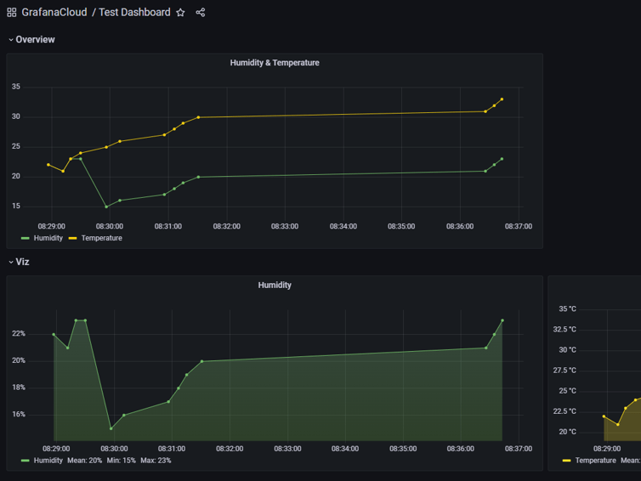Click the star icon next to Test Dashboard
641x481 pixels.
[x=180, y=13]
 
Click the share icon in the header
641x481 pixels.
[x=201, y=13]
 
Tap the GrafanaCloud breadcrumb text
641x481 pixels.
[x=54, y=13]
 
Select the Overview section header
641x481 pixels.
[x=35, y=40]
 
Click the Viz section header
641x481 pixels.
[x=22, y=262]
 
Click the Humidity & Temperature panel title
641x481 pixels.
[x=275, y=63]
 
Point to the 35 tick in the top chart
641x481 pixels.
[x=16, y=87]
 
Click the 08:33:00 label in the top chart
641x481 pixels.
[x=285, y=227]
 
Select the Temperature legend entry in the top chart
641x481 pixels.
[x=101, y=238]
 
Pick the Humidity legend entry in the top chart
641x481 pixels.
[x=48, y=238]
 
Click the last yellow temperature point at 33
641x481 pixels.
[x=502, y=99]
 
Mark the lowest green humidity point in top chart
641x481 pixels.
[x=106, y=207]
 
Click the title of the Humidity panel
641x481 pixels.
[x=275, y=286]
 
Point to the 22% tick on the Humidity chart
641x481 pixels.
[x=18, y=334]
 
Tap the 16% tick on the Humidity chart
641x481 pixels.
[x=18, y=415]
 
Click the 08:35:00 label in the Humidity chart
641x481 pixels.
[x=402, y=449]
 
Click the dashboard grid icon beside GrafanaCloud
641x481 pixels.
[x=12, y=13]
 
